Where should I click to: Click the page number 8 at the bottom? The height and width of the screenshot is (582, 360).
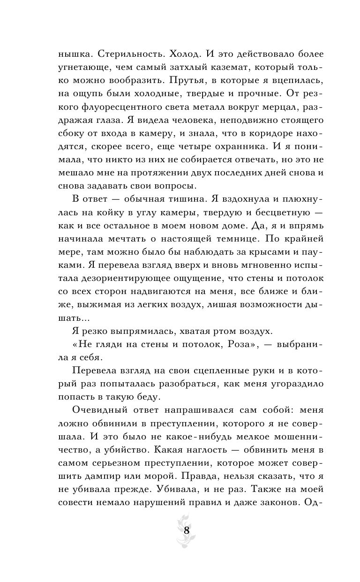[186, 531]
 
